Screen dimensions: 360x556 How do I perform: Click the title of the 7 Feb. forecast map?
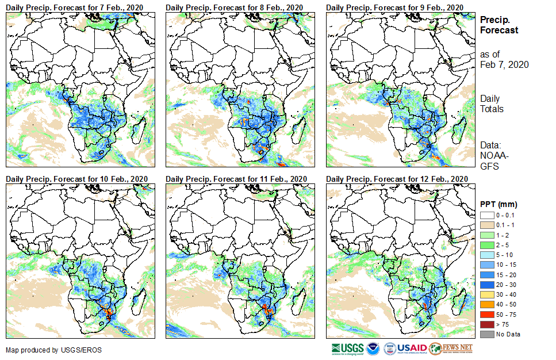(75, 7)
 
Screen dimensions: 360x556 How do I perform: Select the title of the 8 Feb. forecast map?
(235, 7)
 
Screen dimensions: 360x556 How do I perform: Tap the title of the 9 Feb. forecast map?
(394, 7)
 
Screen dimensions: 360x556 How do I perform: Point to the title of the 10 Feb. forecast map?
(76, 178)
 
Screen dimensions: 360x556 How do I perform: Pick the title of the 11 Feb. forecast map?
(236, 178)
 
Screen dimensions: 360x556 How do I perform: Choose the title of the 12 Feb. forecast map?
(396, 178)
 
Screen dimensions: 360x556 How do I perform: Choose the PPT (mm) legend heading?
(499, 204)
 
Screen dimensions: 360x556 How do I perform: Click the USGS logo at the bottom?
(347, 348)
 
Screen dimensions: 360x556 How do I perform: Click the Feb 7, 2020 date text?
(504, 64)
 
